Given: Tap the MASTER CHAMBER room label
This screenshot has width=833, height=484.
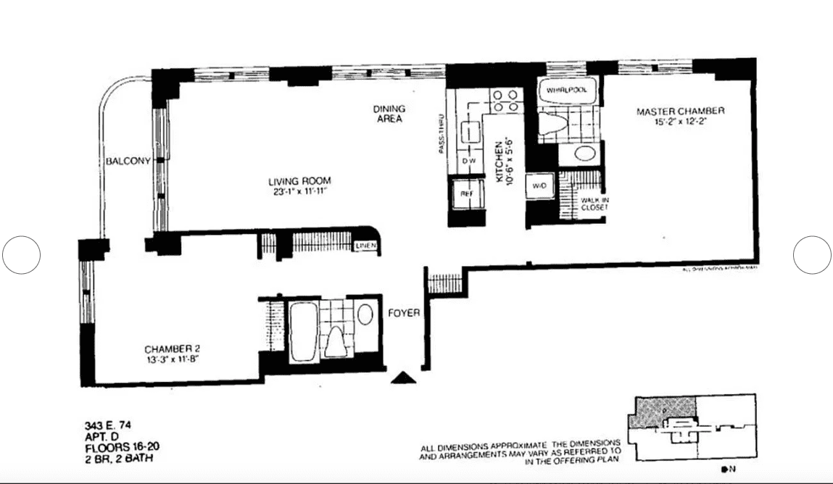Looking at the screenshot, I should (680, 111).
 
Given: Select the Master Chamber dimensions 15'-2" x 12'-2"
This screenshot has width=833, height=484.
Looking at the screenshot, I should (679, 122).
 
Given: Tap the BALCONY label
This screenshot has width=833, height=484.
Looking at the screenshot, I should (128, 162).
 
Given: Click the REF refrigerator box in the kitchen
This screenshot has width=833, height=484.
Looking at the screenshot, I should (466, 194).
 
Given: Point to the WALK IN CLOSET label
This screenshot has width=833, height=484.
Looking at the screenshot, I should (594, 204).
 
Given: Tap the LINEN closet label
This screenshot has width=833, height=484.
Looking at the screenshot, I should (365, 246).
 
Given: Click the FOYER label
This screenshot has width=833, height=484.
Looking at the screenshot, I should (403, 314).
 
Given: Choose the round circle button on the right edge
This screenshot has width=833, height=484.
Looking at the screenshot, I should (811, 254).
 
